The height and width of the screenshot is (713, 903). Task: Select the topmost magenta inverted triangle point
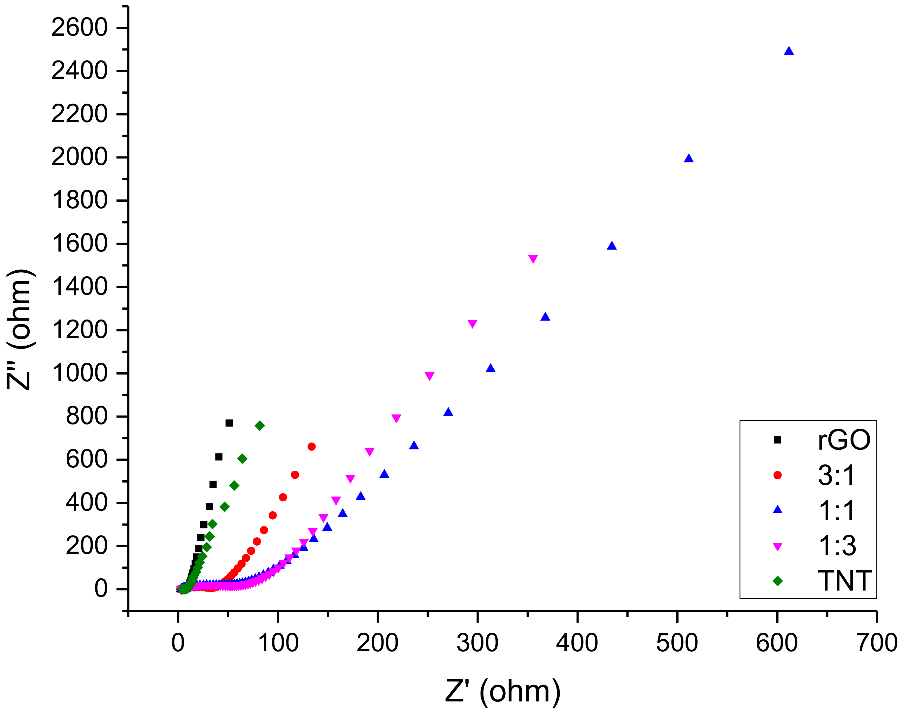pos(533,259)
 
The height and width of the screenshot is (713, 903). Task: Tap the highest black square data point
pos(229,423)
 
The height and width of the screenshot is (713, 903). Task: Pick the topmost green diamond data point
pos(259,426)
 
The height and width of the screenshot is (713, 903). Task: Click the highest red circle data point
pos(311,447)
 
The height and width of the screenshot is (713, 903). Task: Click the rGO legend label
pos(844,440)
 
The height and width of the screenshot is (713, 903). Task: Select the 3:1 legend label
pos(836,475)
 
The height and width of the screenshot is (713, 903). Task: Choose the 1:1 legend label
pos(837,511)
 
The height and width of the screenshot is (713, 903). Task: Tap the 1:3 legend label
pos(837,546)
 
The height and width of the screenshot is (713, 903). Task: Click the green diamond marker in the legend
pos(777,581)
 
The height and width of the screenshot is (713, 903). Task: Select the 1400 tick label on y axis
pos(79,287)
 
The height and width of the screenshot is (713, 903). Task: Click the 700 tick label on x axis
pos(876,643)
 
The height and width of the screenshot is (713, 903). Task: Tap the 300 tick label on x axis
pos(477,643)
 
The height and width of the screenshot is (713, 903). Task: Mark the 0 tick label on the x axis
pos(178,643)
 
